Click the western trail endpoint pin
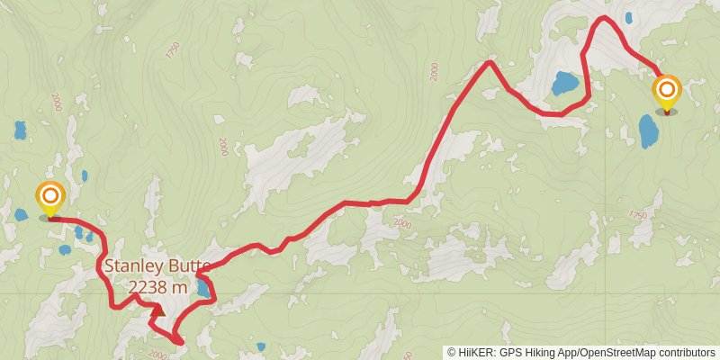click(x=50, y=196)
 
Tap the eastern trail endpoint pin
click(x=666, y=91)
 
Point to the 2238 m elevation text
click(x=157, y=287)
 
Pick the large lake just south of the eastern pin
click(x=648, y=131)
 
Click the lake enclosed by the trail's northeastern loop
click(x=564, y=84)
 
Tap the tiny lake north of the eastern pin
click(x=628, y=17)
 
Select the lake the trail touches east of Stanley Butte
click(x=206, y=287)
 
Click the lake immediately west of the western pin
click(x=21, y=214)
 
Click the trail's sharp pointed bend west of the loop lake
click(x=489, y=62)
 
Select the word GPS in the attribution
click(x=510, y=352)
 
